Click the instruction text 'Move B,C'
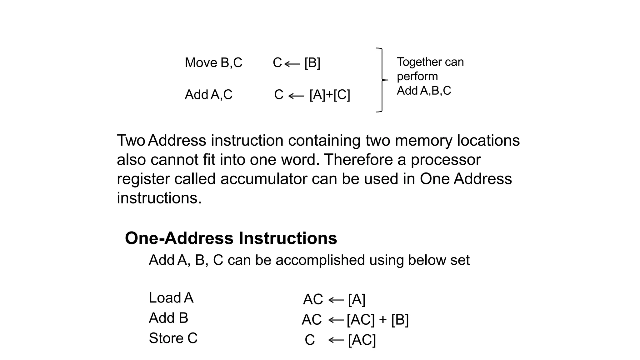pos(213,63)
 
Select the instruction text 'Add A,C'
pos(208,95)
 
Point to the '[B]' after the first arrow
pos(312,63)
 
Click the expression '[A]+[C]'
pos(330,95)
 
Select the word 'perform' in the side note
pos(417,77)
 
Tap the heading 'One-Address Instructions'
pos(231,238)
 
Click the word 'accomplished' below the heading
pos(320,260)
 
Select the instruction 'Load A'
pos(171,298)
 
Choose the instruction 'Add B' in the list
pos(168,318)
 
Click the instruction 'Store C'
pos(173,338)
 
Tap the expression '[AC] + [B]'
pos(377,320)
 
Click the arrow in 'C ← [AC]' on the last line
pos(336,340)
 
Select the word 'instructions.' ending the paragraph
pos(159,198)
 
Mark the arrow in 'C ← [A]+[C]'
pos(296,96)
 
